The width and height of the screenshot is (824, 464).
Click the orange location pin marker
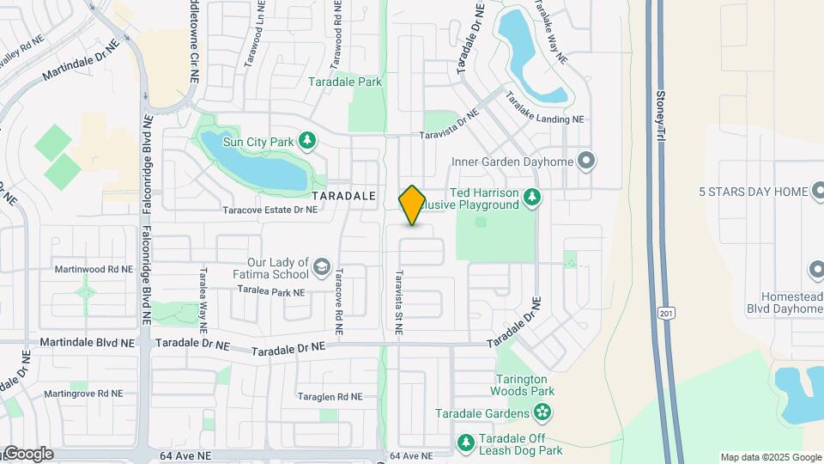click(x=413, y=205)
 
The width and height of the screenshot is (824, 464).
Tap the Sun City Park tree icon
click(x=307, y=140)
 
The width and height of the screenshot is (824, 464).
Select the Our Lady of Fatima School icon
click(x=322, y=267)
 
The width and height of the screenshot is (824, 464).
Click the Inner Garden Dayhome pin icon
click(x=587, y=161)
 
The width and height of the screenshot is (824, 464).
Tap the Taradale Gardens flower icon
click(x=542, y=414)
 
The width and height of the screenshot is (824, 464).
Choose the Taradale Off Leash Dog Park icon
click(x=466, y=442)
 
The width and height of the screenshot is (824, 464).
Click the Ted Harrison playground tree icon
click(x=532, y=198)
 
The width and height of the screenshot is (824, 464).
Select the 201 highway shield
click(x=667, y=314)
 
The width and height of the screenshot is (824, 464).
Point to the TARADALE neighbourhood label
click(x=344, y=197)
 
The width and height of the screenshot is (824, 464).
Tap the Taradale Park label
click(x=346, y=82)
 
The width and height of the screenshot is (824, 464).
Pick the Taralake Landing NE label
click(x=544, y=109)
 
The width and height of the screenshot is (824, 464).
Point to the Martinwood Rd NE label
click(x=94, y=269)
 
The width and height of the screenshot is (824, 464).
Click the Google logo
click(x=27, y=454)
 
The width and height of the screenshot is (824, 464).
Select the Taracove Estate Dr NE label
click(x=270, y=210)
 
